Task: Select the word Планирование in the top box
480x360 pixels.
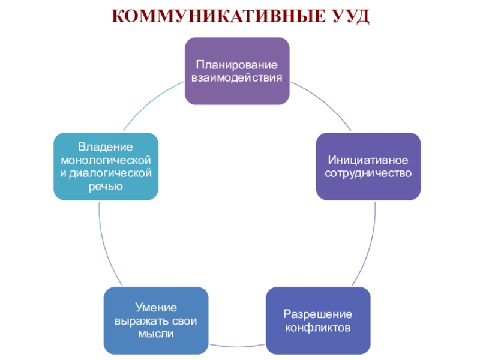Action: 237,65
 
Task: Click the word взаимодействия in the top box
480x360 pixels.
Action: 237,77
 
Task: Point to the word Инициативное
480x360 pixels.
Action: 368,161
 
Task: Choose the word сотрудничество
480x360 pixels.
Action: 368,173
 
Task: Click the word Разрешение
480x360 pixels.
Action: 318,315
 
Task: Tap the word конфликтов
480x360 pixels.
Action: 318,328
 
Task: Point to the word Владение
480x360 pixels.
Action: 106,148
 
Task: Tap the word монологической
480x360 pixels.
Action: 106,161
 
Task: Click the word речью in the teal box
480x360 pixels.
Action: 106,187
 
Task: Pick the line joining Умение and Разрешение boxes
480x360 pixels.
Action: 237,346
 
